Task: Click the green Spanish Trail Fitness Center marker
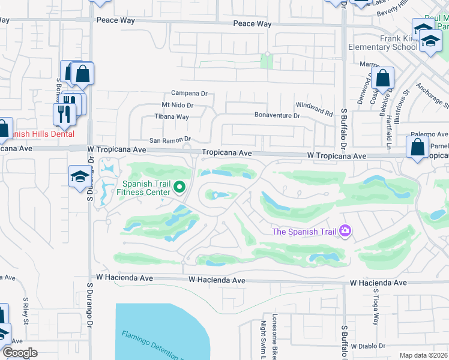[x=179, y=188]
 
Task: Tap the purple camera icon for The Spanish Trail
[x=345, y=231]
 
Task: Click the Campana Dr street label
[x=188, y=94]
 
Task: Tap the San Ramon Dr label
[x=170, y=139]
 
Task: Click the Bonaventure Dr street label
[x=277, y=115]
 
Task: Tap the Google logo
[x=19, y=352]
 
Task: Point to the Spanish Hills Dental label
[x=39, y=134]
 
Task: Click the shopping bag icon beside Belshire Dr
[x=382, y=79]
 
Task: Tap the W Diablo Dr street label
[x=371, y=346]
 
